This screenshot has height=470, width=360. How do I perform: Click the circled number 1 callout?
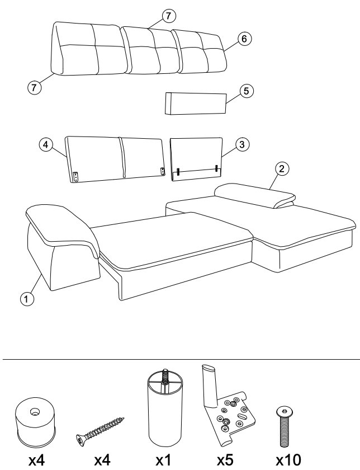[x=27, y=299]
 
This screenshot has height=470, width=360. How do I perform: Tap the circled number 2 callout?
[x=282, y=168]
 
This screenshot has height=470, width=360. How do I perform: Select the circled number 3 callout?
[x=242, y=144]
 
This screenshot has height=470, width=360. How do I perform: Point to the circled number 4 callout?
[x=45, y=145]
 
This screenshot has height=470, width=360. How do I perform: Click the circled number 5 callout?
[x=246, y=91]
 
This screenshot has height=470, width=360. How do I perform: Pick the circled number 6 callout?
[x=244, y=39]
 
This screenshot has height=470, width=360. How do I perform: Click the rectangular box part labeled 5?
[x=196, y=103]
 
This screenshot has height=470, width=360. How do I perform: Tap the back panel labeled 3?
[x=197, y=159]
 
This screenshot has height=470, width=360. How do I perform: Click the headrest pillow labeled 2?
[x=255, y=196]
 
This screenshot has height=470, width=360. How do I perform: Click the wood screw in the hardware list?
[x=100, y=430]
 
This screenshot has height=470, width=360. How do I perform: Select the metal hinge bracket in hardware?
[x=228, y=408]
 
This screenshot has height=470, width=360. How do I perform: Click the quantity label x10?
[x=288, y=460]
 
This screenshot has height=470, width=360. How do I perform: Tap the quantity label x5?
[x=225, y=460]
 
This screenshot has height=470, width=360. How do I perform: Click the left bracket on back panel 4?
[x=76, y=176]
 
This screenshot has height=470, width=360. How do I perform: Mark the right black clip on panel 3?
[x=216, y=168]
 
